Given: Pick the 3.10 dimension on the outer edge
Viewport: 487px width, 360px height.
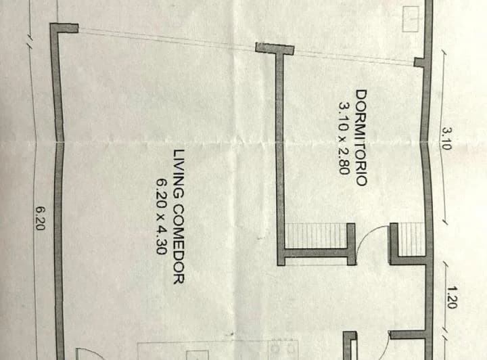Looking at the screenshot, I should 446,139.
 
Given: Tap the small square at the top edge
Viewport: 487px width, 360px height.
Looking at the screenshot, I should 411,19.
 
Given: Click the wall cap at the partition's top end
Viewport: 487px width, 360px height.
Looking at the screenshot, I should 275,49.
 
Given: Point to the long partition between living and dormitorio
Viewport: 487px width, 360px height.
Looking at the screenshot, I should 279,156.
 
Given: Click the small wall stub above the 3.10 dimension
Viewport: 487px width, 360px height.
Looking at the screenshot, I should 421,62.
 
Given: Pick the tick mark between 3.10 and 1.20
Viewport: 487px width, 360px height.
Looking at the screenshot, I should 446,224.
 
